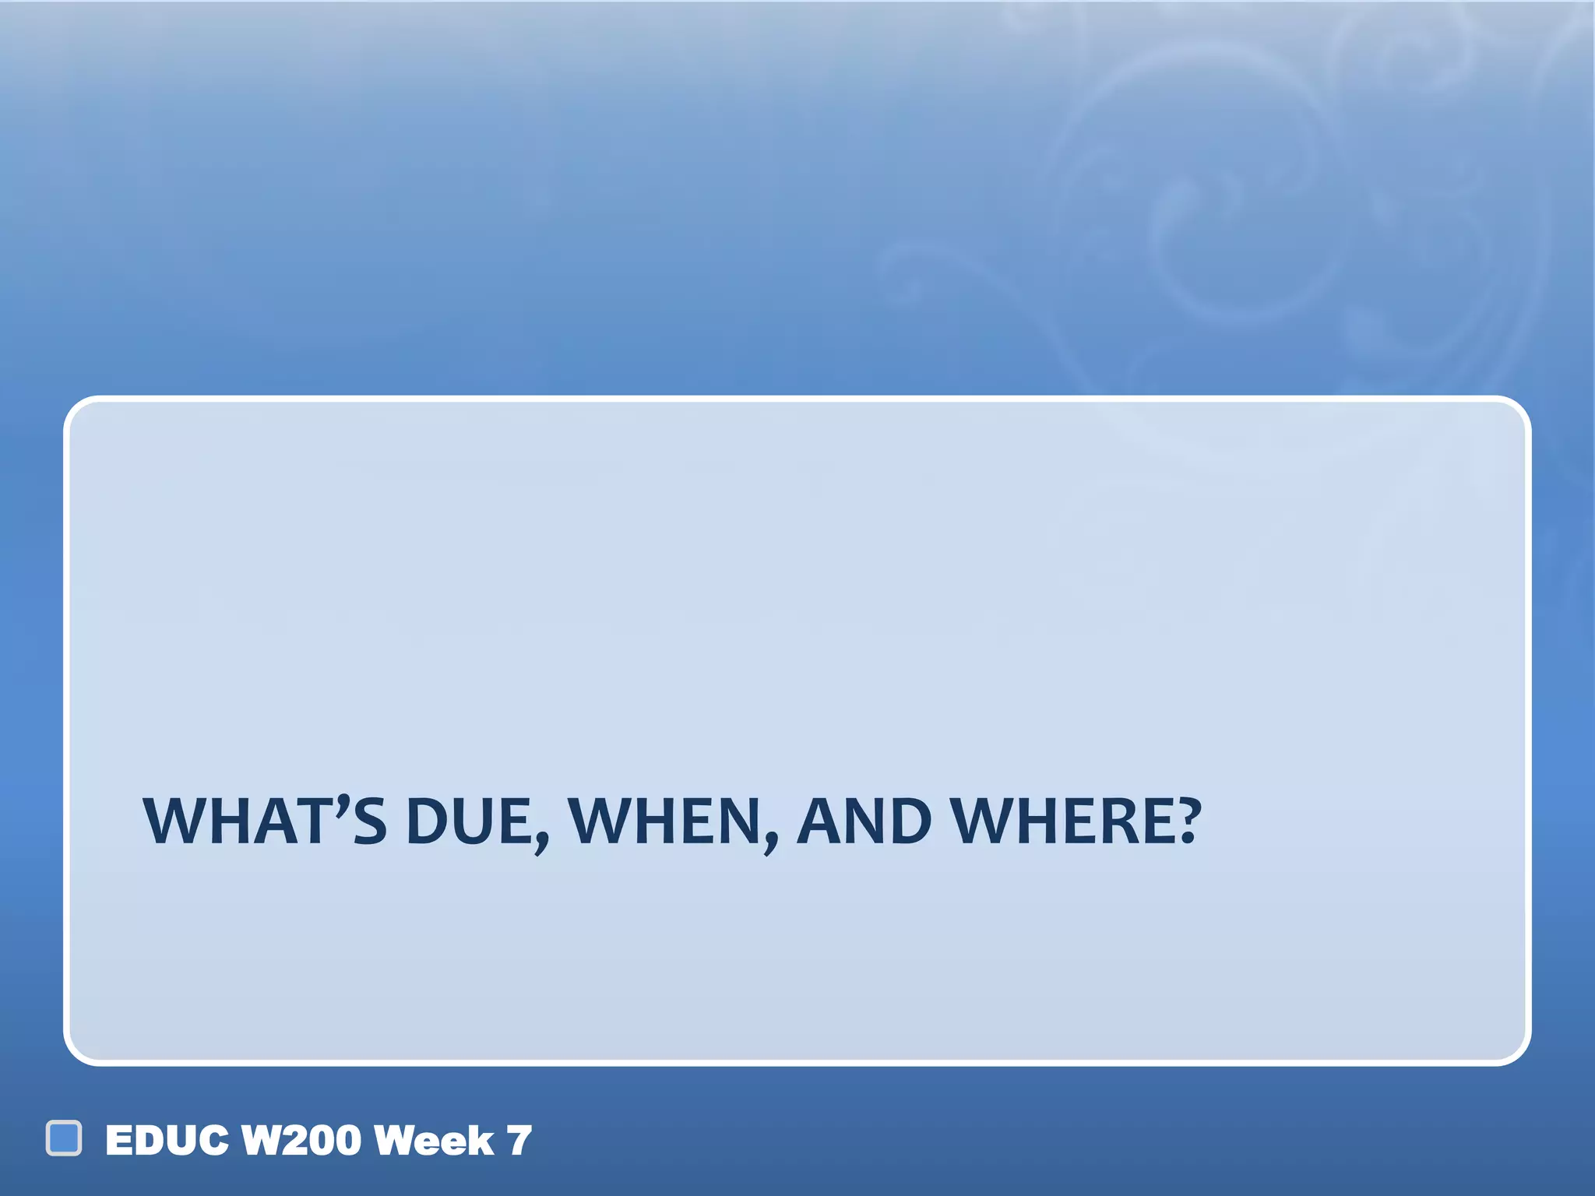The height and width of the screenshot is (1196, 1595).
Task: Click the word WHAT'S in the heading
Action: [x=265, y=821]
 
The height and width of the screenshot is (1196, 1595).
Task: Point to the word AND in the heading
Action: [x=864, y=821]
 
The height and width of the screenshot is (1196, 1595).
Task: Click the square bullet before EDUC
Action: [x=64, y=1138]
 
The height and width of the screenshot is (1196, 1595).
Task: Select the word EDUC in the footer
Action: [x=167, y=1141]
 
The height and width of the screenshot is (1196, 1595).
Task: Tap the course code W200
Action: [x=301, y=1141]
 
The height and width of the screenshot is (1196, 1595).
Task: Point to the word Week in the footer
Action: [x=434, y=1141]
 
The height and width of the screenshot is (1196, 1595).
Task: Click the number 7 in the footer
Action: [x=519, y=1141]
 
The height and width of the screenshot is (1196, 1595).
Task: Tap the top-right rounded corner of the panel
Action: [x=1514, y=413]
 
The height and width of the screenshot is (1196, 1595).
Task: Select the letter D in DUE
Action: [x=428, y=821]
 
